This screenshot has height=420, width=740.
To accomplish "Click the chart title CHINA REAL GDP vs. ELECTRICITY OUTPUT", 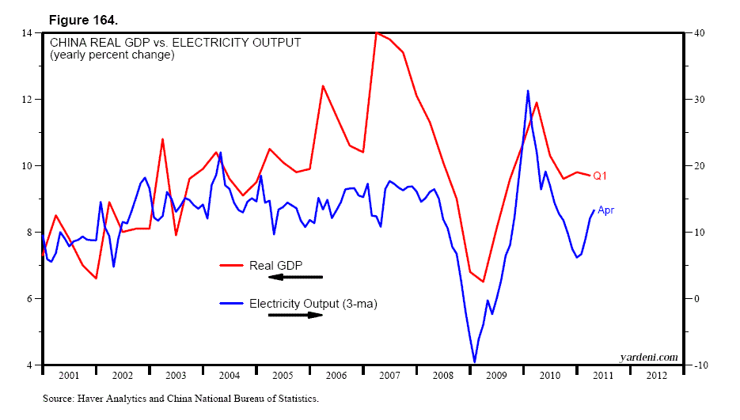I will coord(175,43).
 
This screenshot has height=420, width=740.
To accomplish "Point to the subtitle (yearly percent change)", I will coord(112,55).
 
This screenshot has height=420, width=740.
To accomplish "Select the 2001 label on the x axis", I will coord(68,376).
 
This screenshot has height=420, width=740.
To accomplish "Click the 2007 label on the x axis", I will coord(389,376).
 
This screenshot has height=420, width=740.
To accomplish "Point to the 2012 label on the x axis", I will coord(657,376).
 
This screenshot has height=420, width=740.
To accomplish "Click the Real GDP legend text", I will coord(276,265).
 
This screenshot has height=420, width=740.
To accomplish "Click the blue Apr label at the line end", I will coord(605,210).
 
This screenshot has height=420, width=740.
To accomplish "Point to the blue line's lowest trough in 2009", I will coord(475,361).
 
